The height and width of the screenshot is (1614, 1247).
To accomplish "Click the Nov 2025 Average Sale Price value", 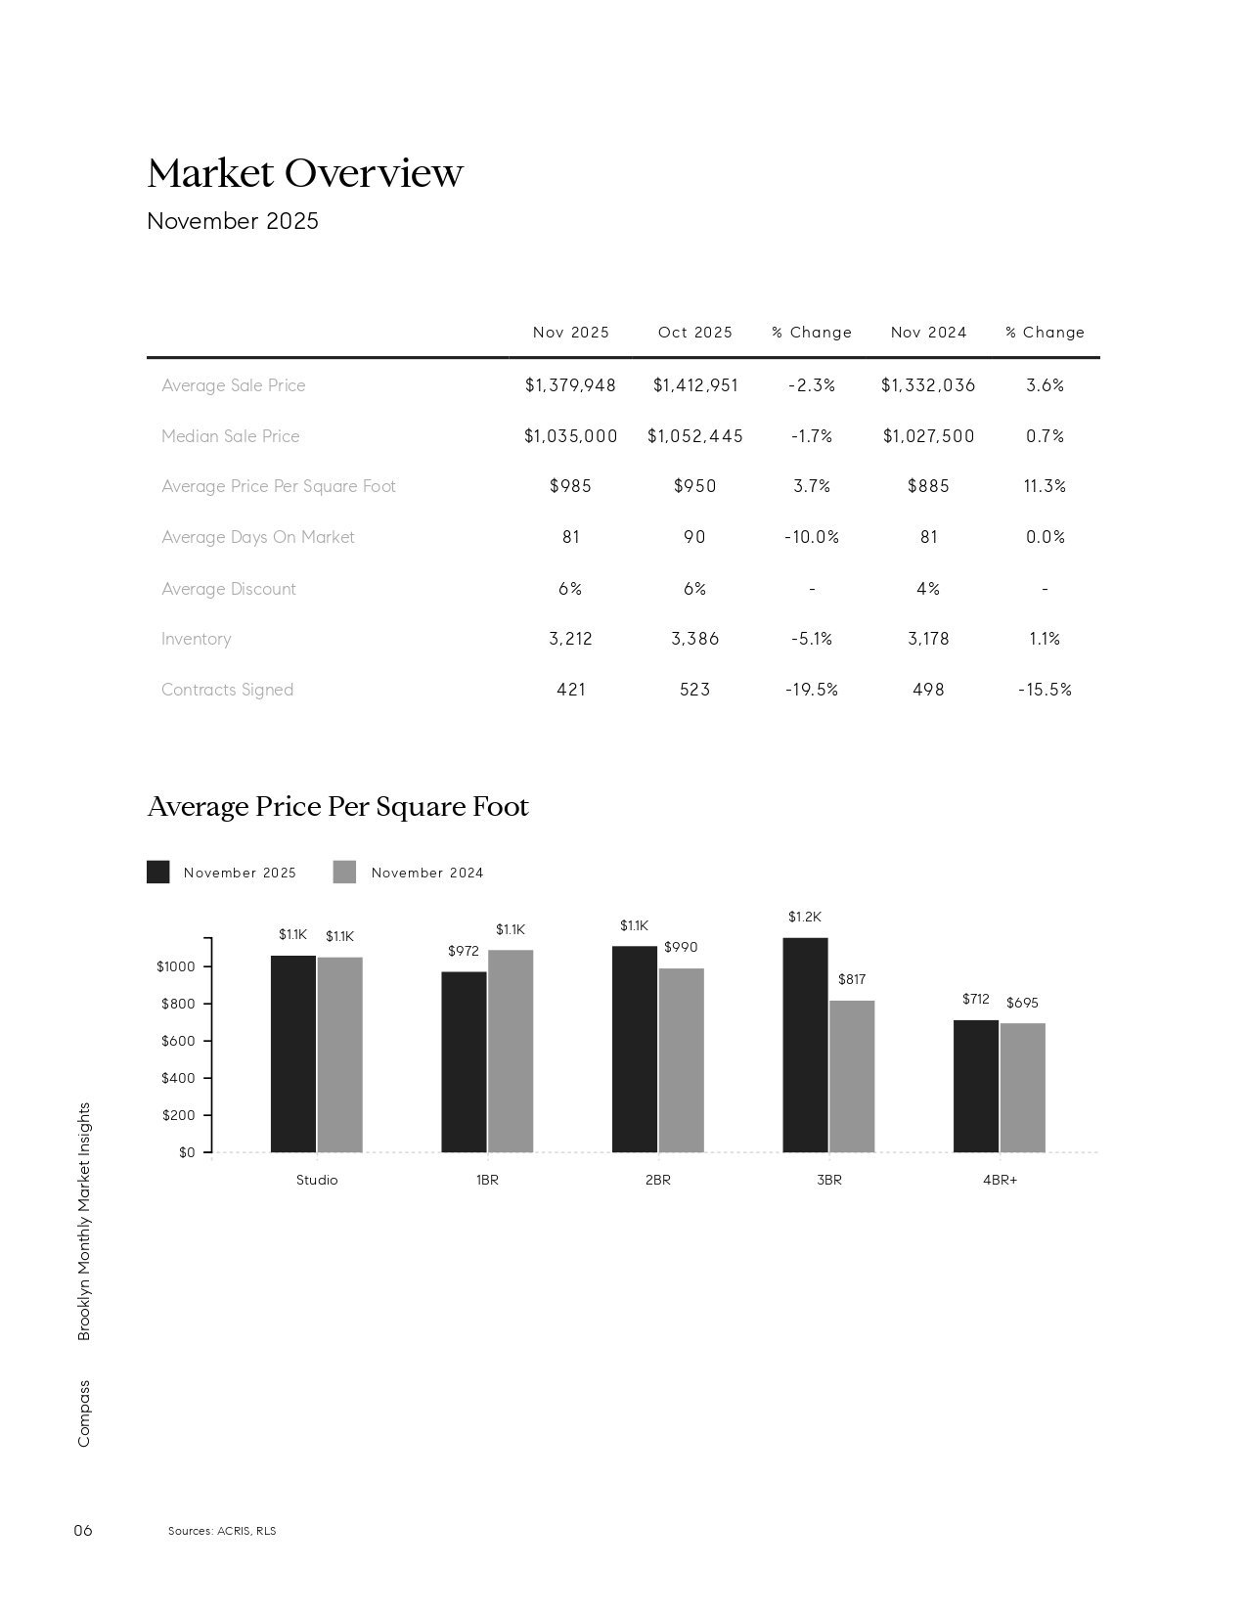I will tap(570, 385).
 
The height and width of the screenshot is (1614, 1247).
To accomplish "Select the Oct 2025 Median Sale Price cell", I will tap(694, 436).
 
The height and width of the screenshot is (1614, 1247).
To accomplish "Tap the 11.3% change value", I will tap(1045, 486).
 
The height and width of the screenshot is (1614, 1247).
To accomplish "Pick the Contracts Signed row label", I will tap(227, 690).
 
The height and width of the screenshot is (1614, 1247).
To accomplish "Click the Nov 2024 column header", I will tap(928, 333).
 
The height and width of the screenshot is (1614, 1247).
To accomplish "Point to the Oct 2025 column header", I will tap(694, 333).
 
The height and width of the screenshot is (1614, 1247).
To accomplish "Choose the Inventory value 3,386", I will tap(694, 639).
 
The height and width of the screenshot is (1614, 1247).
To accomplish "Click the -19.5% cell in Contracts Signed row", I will tap(812, 690).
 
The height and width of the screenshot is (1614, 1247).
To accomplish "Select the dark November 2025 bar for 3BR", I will tap(805, 1045).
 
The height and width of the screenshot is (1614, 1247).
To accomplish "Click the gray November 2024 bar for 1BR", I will tap(511, 1051).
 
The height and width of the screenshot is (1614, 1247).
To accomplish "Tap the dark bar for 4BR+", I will tap(975, 1086).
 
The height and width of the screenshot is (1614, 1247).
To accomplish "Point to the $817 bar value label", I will tap(852, 979).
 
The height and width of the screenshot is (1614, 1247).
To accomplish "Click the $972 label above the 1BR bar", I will tap(464, 951).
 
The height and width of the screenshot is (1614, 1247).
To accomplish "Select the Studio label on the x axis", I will tap(317, 1180).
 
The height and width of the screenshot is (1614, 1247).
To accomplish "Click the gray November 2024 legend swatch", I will tap(344, 873).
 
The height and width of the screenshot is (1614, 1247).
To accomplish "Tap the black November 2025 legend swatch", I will tap(157, 873).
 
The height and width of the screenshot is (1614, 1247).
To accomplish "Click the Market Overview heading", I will tap(304, 173).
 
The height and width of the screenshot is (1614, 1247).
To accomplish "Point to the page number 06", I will tap(83, 1531).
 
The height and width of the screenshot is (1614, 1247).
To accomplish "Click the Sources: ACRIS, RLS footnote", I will tap(222, 1531).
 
